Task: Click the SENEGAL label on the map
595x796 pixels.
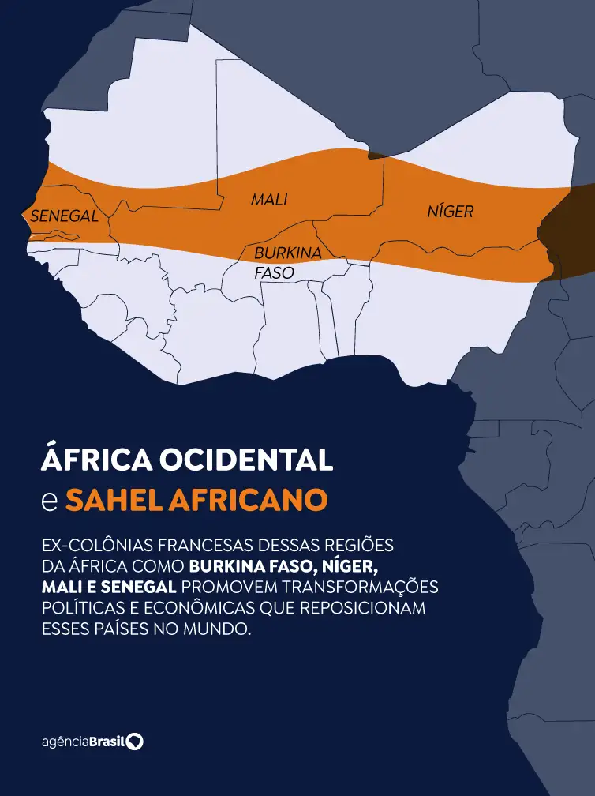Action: point(65,216)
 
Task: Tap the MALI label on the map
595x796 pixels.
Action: point(269,200)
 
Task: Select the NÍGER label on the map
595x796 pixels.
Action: point(451,211)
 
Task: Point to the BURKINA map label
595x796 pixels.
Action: point(287,253)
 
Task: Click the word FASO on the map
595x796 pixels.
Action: point(274,272)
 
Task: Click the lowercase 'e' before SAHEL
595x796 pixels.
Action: point(49,501)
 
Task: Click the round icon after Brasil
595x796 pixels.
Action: point(136,742)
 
